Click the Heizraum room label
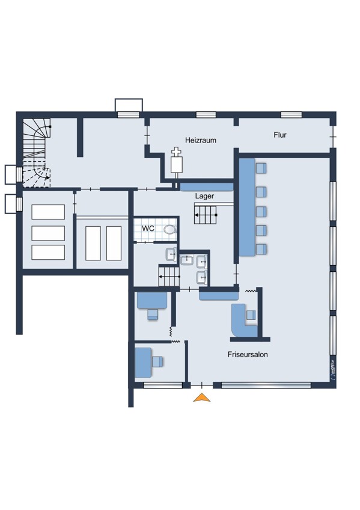(x=201, y=140)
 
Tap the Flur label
(x=279, y=135)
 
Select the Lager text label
(x=204, y=196)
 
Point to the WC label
(x=148, y=229)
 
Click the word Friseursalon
(x=248, y=354)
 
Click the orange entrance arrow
(x=202, y=398)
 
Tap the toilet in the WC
(x=170, y=230)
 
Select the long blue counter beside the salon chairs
(x=247, y=207)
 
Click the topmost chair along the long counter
(x=261, y=168)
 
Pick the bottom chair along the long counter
(x=261, y=249)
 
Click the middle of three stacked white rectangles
(x=48, y=233)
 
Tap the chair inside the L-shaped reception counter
(x=251, y=315)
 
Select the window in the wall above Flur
(x=291, y=114)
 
